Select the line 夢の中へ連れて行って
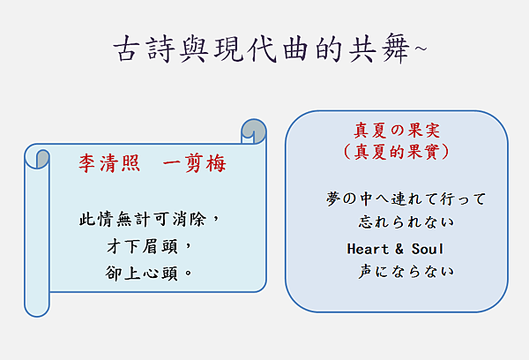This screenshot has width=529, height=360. pyautogui.click(x=406, y=199)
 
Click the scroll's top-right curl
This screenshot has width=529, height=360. pyautogui.click(x=253, y=130)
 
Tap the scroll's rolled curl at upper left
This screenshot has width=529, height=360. pyautogui.click(x=37, y=157)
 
